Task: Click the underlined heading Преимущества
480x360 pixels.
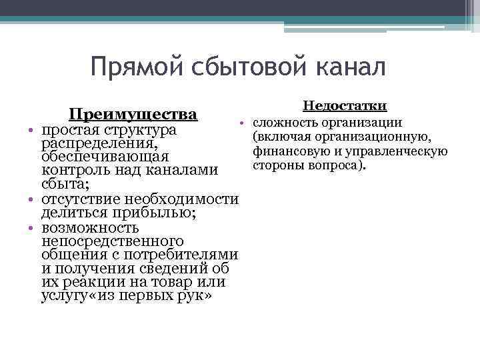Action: tap(133, 113)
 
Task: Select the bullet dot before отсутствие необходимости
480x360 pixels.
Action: tap(31, 199)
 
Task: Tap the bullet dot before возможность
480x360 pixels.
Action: tap(31, 227)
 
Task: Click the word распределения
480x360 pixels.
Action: tap(99, 143)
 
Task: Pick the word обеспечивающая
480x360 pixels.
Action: tap(104, 157)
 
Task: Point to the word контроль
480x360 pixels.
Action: tap(73, 171)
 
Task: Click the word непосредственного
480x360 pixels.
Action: tap(112, 241)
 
